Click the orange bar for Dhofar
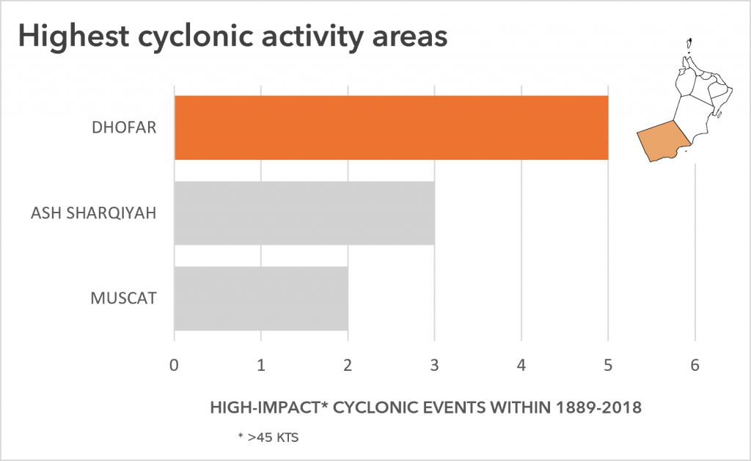pyautogui.click(x=392, y=128)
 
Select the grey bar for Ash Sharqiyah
pyautogui.click(x=304, y=213)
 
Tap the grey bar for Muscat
pyautogui.click(x=261, y=298)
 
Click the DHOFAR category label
pyautogui.click(x=124, y=128)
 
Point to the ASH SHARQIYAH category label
pyautogui.click(x=94, y=213)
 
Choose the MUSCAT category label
pyautogui.click(x=123, y=298)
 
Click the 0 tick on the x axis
pyautogui.click(x=175, y=365)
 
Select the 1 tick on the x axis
pyautogui.click(x=261, y=365)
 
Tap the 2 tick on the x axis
pyautogui.click(x=348, y=365)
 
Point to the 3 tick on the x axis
pyautogui.click(x=434, y=365)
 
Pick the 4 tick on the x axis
pyautogui.click(x=521, y=365)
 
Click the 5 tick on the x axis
pyautogui.click(x=608, y=365)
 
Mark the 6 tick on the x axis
pyautogui.click(x=695, y=365)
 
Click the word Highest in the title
pyautogui.click(x=74, y=37)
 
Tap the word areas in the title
pyautogui.click(x=410, y=37)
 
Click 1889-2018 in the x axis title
pyautogui.click(x=598, y=407)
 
